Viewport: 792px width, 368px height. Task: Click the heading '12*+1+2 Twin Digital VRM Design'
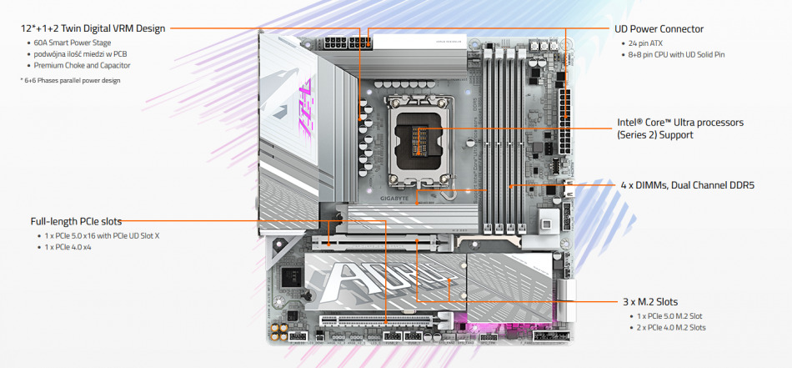[x=93, y=28]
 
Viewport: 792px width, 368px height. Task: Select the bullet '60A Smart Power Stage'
[x=73, y=43]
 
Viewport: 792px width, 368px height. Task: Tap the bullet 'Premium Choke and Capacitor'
[x=83, y=65]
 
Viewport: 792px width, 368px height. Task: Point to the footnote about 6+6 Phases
[x=70, y=80]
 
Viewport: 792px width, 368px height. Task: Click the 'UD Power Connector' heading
[x=659, y=29]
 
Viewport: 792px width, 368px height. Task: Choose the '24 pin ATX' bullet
[x=645, y=43]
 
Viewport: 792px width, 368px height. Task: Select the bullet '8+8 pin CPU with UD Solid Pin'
[x=677, y=54]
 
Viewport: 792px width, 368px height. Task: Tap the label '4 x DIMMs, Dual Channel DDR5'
[x=688, y=185]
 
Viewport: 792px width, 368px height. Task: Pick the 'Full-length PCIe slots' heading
[x=76, y=221]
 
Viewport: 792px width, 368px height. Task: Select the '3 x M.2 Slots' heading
[x=650, y=302]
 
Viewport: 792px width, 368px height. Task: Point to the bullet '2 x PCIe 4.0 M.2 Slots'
[x=671, y=328]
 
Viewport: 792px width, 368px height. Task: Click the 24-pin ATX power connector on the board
[x=564, y=121]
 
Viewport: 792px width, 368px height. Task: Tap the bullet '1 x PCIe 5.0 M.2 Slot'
[x=669, y=316]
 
